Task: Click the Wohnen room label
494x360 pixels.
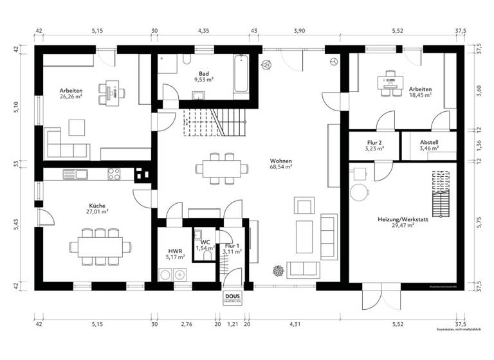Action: coord(281,161)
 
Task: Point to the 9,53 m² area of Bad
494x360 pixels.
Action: coord(204,80)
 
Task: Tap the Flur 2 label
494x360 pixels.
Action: coord(374,143)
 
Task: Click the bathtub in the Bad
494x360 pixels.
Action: coord(242,74)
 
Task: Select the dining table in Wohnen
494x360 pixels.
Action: coord(222,168)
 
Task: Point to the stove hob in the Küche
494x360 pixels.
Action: coord(113,173)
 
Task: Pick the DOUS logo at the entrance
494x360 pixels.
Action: coord(233,298)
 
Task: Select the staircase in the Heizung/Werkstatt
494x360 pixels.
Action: coord(441,193)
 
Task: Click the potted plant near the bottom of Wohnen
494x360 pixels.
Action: coord(278,271)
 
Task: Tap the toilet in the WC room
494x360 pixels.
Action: coord(206,255)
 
